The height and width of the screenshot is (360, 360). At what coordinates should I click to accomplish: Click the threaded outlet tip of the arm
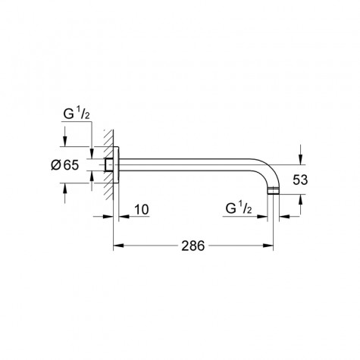pyautogui.click(x=275, y=196)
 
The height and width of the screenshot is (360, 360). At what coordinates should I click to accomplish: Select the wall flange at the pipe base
pyautogui.click(x=114, y=166)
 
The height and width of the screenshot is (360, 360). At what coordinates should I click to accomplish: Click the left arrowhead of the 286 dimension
pyautogui.click(x=117, y=246)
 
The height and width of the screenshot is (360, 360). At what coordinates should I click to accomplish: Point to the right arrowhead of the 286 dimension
pyautogui.click(x=271, y=246)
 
